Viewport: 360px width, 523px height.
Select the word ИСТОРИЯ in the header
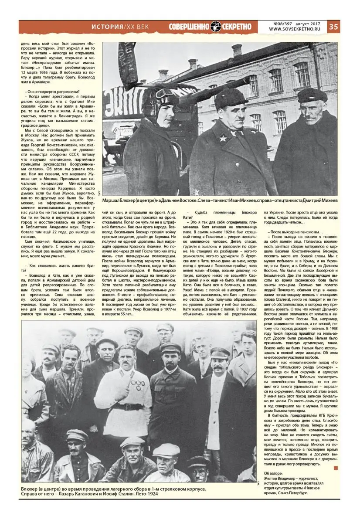tap(107, 27)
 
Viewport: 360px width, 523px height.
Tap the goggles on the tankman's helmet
tap(164, 92)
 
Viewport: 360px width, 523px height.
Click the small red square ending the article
tap(335, 468)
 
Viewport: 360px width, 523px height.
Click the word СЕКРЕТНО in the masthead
tap(237, 27)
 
